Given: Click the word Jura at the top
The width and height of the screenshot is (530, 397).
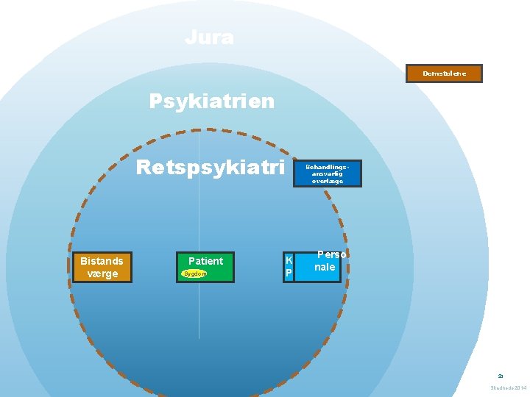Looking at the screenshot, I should [209, 37].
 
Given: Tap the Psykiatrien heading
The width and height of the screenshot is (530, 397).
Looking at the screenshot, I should [212, 100].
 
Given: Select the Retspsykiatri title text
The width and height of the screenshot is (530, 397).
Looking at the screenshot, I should [211, 168].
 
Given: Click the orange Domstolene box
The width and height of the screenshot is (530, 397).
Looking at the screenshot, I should [444, 74].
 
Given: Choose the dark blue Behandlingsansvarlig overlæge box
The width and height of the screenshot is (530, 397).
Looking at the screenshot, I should [328, 174].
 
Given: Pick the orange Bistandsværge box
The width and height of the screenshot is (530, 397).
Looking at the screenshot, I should [102, 268].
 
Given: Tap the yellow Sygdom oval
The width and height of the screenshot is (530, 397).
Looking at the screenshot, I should [195, 273].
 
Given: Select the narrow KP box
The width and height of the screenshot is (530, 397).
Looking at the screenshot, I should [289, 267].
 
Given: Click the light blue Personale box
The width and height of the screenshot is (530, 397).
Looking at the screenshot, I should [318, 267].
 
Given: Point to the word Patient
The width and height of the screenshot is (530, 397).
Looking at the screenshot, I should [205, 261].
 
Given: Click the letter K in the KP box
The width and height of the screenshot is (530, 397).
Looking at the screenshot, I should [289, 260].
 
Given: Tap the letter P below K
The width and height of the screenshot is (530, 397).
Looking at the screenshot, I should [289, 273].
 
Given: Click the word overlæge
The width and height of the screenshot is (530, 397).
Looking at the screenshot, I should [328, 181].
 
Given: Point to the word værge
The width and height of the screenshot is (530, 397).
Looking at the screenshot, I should [102, 274].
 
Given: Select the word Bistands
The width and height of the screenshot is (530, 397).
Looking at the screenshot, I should [102, 261].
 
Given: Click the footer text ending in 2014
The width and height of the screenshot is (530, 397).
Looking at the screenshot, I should [509, 387].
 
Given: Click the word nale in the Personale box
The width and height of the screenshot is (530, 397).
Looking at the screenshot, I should [325, 268].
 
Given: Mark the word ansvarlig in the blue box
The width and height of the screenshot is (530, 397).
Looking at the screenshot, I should [328, 174].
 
